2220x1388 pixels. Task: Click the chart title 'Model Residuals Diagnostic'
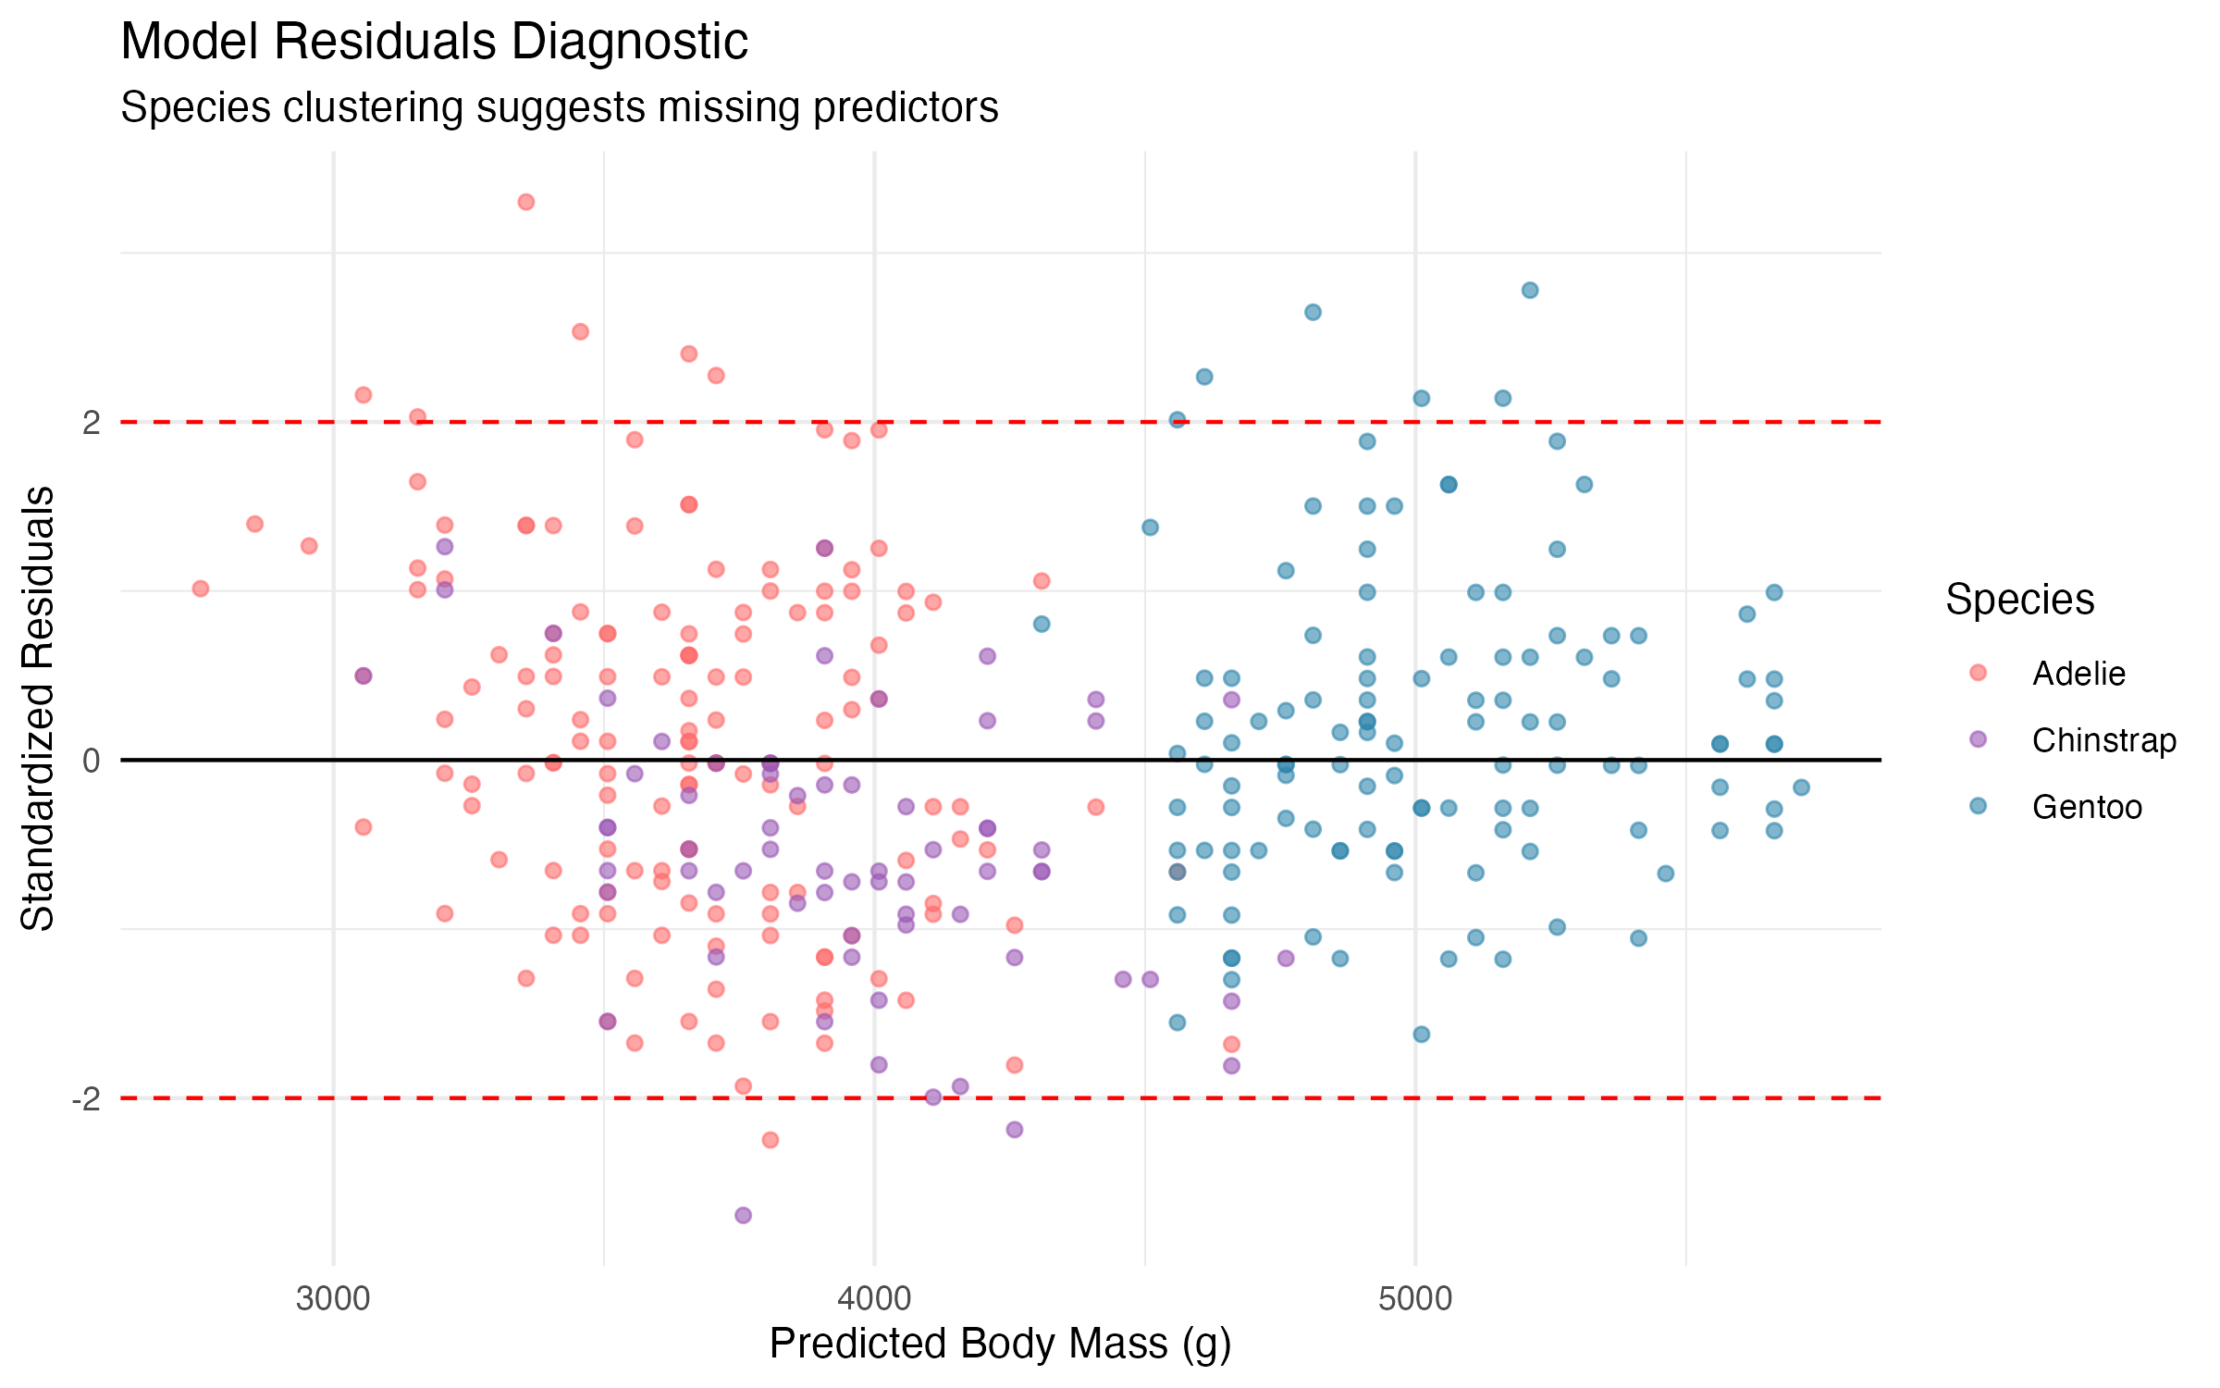[434, 42]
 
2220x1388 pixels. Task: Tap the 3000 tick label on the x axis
[333, 1299]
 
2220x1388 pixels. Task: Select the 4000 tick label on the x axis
[874, 1299]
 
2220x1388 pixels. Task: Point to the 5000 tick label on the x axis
[1415, 1299]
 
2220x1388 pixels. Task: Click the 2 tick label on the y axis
[91, 423]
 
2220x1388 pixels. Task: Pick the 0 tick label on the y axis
[91, 761]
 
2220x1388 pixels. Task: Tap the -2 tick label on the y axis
[86, 1099]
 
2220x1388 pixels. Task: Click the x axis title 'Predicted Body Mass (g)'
[1000, 1345]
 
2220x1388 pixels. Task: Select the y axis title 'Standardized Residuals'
[38, 708]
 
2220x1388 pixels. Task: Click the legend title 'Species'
[2019, 600]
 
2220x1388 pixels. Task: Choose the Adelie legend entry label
[2078, 674]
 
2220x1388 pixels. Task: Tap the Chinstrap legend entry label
[2103, 740]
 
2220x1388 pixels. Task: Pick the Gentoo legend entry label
[2087, 807]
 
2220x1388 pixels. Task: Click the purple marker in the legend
[1978, 739]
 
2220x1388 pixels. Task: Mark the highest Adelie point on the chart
[525, 202]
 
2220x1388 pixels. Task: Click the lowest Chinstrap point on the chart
[743, 1215]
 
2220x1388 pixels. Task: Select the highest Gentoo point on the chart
[1530, 290]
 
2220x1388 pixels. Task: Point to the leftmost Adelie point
[200, 589]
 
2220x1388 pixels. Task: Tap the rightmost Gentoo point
[1801, 787]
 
